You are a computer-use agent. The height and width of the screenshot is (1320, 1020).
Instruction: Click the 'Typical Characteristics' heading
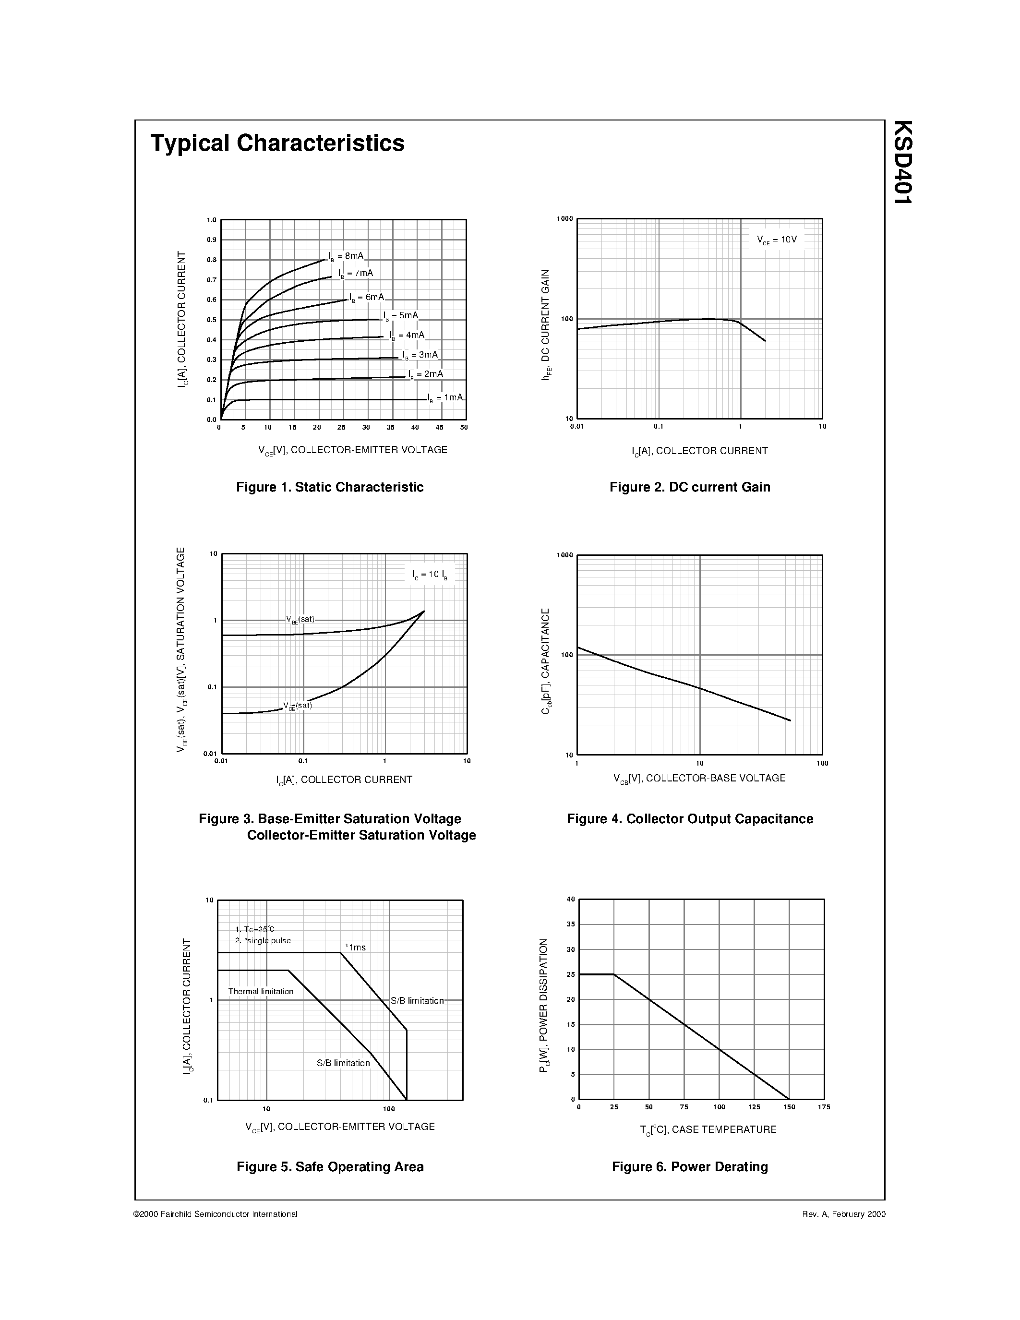277,143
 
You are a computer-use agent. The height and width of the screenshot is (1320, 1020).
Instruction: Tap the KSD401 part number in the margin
903,162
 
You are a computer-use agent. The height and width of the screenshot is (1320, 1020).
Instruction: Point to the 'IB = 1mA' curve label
445,398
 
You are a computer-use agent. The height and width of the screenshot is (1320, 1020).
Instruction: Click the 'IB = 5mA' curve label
401,315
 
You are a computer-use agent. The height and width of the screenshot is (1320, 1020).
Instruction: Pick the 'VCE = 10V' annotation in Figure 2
777,240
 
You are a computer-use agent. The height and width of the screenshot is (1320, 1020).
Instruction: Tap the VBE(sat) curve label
300,620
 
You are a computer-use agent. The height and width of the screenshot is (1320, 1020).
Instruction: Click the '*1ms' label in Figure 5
355,948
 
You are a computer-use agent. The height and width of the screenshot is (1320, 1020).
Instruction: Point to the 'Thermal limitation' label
261,991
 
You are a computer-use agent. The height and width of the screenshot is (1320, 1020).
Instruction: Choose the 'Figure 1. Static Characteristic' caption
330,487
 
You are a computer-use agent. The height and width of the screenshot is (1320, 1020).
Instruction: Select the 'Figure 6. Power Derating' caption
689,1166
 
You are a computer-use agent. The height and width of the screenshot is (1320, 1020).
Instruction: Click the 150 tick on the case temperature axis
789,1107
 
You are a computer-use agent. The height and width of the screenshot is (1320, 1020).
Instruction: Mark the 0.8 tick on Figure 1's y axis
212,260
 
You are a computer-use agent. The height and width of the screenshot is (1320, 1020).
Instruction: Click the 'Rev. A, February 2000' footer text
843,1213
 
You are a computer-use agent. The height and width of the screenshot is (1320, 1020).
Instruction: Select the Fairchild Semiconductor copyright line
215,1213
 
